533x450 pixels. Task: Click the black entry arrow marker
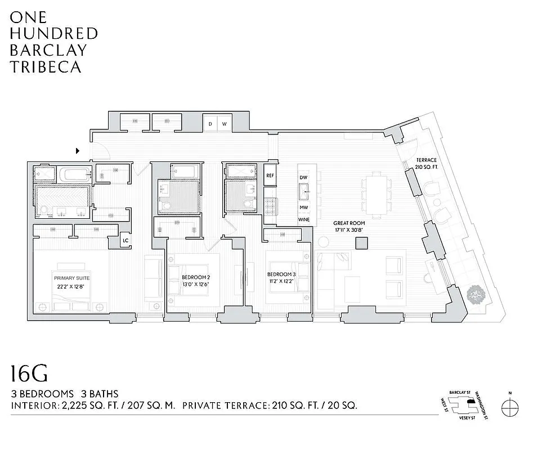point(78,151)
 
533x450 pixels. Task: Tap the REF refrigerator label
point(270,176)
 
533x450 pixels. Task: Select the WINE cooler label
point(304,219)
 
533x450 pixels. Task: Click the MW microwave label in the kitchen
point(304,207)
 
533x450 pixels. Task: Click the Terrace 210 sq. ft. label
point(415,163)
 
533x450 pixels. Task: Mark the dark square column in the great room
point(361,242)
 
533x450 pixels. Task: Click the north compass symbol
point(510,406)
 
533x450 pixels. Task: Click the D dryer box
point(210,124)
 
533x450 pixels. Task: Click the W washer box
point(223,124)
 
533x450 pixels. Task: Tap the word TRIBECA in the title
point(45,67)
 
